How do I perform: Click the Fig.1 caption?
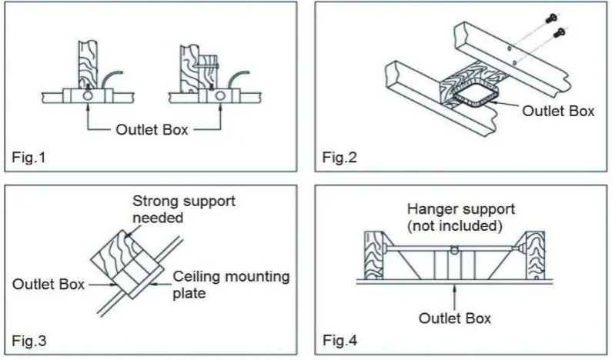pyautogui.click(x=29, y=157)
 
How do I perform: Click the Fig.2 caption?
pyautogui.click(x=339, y=157)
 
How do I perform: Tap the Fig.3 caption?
pyautogui.click(x=29, y=341)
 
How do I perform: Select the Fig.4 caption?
pyautogui.click(x=340, y=340)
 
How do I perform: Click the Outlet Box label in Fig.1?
pyautogui.click(x=152, y=129)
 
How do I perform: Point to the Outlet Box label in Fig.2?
pyautogui.click(x=558, y=111)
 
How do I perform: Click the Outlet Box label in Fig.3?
pyautogui.click(x=48, y=284)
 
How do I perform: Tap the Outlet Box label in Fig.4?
pyautogui.click(x=455, y=318)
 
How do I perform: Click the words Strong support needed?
pyautogui.click(x=184, y=209)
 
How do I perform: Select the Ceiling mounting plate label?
pyautogui.click(x=231, y=285)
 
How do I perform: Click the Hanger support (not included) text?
pyautogui.click(x=461, y=217)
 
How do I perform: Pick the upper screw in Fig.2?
pyautogui.click(x=551, y=18)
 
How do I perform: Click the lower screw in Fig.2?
pyautogui.click(x=560, y=33)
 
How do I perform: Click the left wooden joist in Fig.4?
pyautogui.click(x=373, y=255)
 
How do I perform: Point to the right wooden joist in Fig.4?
pyautogui.click(x=535, y=255)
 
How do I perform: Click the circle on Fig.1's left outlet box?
pyautogui.click(x=88, y=95)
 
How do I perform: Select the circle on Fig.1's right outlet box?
pyautogui.click(x=220, y=95)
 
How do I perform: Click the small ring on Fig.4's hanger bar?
pyautogui.click(x=454, y=250)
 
